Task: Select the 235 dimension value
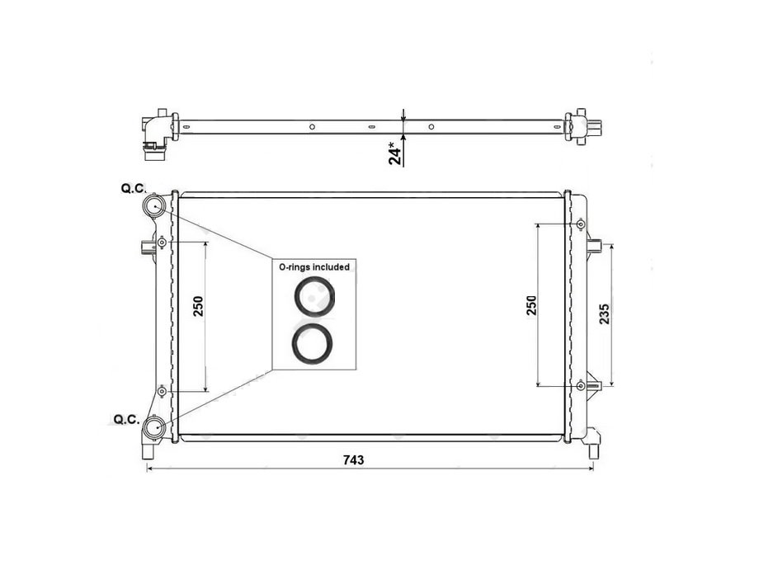[x=604, y=315]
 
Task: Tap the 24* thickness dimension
[x=397, y=153]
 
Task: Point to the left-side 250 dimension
[x=198, y=306]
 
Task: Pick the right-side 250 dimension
[x=531, y=304]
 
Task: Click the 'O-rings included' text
[x=313, y=267]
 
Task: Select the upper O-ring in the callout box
[x=314, y=296]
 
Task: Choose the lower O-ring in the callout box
[x=314, y=343]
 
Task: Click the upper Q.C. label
[x=132, y=189]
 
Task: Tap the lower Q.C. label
[x=125, y=420]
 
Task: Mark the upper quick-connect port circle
[x=154, y=205]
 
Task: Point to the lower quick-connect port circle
[x=153, y=427]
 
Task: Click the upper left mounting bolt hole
[x=163, y=242]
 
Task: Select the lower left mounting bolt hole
[x=163, y=390]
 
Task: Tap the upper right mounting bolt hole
[x=581, y=224]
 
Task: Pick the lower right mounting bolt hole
[x=581, y=384]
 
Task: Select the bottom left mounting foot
[x=148, y=450]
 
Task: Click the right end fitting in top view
[x=587, y=126]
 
